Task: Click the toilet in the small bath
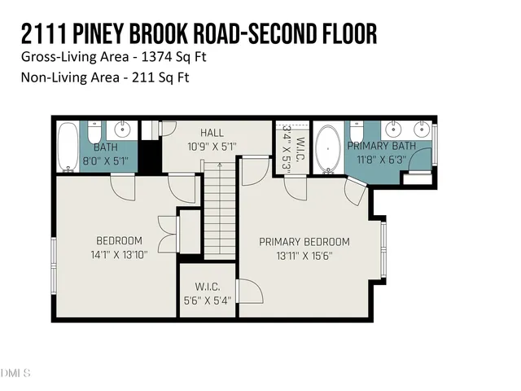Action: [x=94, y=133]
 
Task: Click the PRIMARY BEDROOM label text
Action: [x=304, y=242]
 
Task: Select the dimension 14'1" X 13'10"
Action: [x=119, y=254]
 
